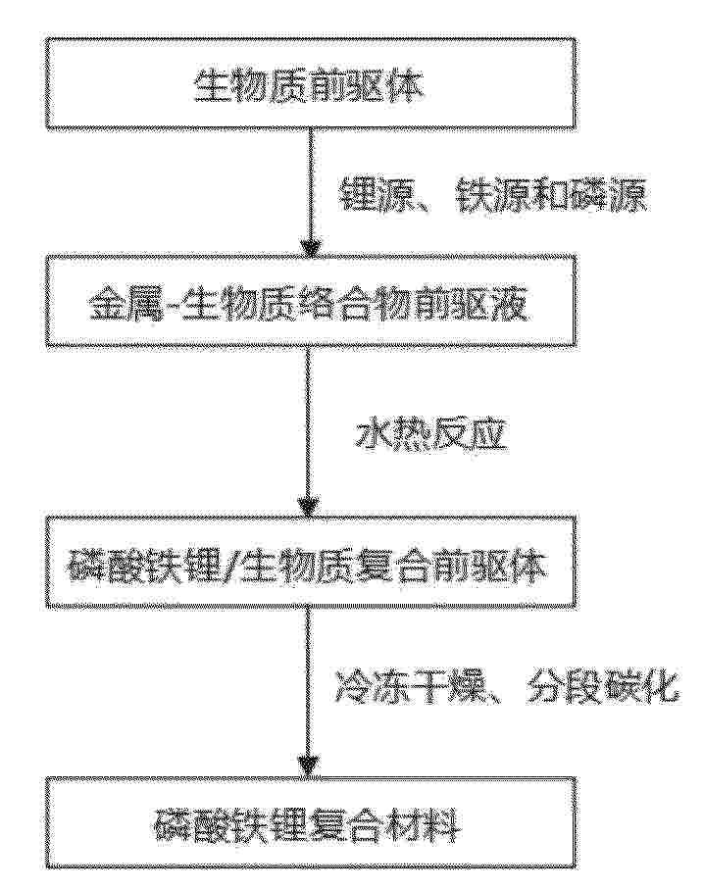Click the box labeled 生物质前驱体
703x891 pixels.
311,83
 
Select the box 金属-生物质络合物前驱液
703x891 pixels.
311,300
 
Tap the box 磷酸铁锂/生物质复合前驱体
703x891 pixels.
311,561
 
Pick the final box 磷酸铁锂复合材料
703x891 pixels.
311,822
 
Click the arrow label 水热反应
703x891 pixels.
429,436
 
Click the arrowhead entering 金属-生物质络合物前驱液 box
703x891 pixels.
310,248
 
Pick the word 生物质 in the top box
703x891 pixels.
247,84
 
